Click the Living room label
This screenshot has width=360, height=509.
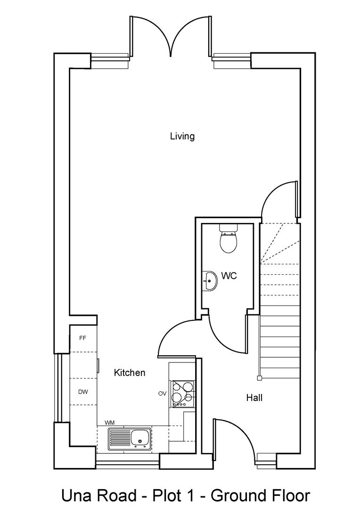click(x=182, y=137)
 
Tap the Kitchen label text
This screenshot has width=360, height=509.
click(x=130, y=373)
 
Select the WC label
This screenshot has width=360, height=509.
click(x=229, y=276)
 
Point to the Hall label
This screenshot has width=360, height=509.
click(x=254, y=398)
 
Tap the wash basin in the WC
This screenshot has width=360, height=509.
click(x=209, y=281)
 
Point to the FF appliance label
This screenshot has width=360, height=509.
click(x=82, y=338)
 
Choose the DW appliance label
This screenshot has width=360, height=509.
click(x=83, y=392)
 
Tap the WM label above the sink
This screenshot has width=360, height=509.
click(x=109, y=423)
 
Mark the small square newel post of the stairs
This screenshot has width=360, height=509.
click(x=259, y=378)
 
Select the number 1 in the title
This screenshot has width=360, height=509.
click(x=198, y=496)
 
